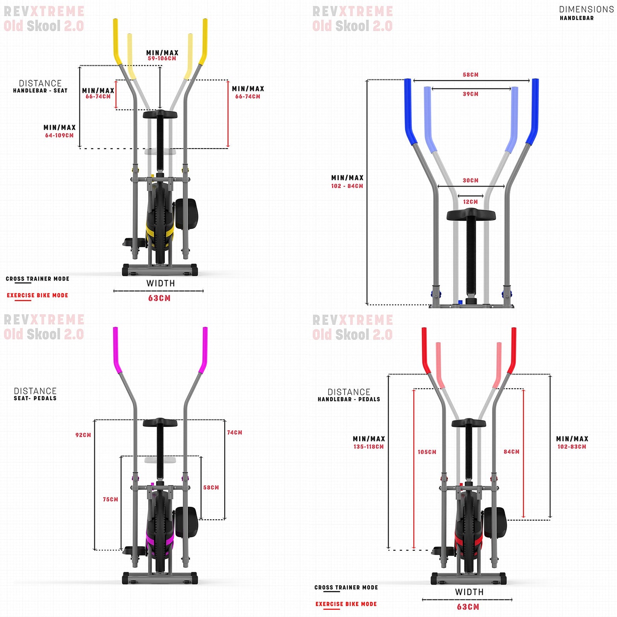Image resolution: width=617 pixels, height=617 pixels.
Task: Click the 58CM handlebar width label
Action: pos(470,75)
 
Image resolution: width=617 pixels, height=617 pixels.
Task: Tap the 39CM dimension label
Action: pos(470,94)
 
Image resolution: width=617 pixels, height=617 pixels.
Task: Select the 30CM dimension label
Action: pos(470,180)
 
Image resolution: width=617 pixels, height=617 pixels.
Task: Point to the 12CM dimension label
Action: pos(470,202)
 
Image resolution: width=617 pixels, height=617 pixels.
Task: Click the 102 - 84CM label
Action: pos(347,186)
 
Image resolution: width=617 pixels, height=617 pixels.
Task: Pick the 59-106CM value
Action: pos(162,58)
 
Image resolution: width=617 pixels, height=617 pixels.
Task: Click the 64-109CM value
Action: pos(59,135)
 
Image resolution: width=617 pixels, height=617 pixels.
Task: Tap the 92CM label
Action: pos(83,435)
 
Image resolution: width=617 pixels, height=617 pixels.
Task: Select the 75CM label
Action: pos(111,499)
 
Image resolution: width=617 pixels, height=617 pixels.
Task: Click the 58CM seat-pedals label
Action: pos(211,487)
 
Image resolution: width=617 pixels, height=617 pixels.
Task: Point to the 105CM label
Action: pos(427,452)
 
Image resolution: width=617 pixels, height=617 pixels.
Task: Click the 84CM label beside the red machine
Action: pos(512,451)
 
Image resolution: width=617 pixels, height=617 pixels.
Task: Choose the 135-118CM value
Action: pos(368,447)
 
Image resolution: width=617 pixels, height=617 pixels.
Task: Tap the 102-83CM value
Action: pos(572,447)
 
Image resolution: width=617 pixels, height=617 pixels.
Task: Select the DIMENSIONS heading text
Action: pos(586,9)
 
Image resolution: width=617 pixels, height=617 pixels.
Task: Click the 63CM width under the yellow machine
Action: pos(159,298)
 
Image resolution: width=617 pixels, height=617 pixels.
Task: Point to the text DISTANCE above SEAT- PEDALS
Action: pos(35,391)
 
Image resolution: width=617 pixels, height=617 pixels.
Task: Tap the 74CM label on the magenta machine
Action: pos(235,433)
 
